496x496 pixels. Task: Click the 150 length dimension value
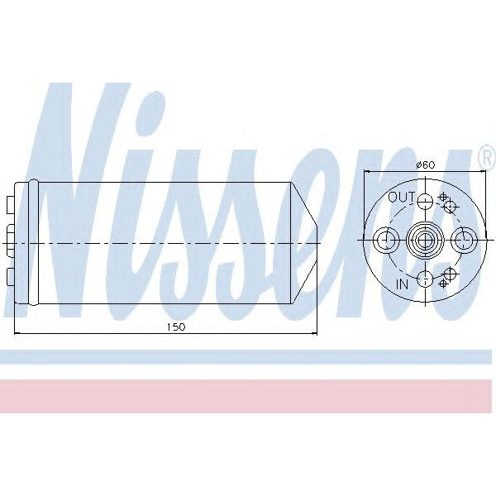(x=175, y=327)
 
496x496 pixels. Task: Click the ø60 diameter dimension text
(x=425, y=165)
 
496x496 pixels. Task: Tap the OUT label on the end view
(x=401, y=197)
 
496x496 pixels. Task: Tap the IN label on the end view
(x=403, y=284)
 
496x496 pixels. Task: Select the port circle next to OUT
(x=424, y=201)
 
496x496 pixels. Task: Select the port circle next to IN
(x=424, y=278)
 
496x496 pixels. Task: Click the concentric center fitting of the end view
(x=424, y=240)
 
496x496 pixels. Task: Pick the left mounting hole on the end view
(x=384, y=240)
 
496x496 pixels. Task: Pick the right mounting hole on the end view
(x=464, y=240)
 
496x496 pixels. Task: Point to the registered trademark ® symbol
(x=485, y=155)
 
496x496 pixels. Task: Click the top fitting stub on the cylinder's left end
(x=10, y=202)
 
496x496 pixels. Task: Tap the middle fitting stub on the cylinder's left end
(x=7, y=240)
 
